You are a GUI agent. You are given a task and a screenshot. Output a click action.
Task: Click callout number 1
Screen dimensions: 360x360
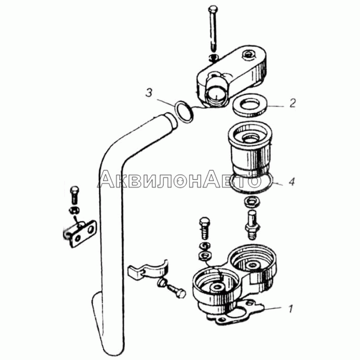pyautogui.click(x=291, y=309)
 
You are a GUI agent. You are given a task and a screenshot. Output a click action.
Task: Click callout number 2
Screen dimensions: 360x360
pyautogui.click(x=292, y=103)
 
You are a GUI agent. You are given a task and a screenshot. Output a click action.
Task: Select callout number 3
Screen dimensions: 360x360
pyautogui.click(x=149, y=93)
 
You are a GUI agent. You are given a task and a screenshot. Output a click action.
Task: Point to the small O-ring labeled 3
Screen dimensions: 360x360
pyautogui.click(x=184, y=111)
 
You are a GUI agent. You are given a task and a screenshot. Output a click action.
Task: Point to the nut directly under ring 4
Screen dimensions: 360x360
pyautogui.click(x=252, y=201)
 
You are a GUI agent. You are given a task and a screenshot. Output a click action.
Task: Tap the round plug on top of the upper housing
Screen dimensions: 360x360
pyautogui.click(x=248, y=55)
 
